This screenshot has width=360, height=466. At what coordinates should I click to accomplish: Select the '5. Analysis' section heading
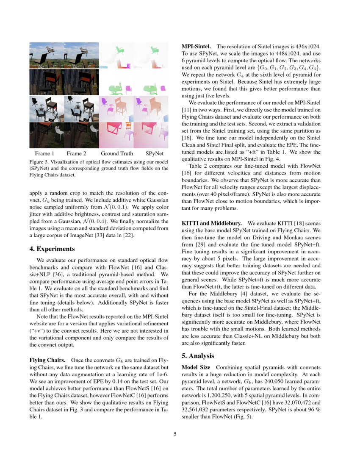coord(198,355)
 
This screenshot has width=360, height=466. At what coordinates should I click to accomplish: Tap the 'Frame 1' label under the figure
coord(45,153)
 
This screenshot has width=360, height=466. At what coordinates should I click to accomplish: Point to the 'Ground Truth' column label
coord(116,153)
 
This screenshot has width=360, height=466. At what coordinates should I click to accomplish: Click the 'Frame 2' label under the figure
coord(76,153)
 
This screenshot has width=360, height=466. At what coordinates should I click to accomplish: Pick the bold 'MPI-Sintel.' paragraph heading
coord(197,46)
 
